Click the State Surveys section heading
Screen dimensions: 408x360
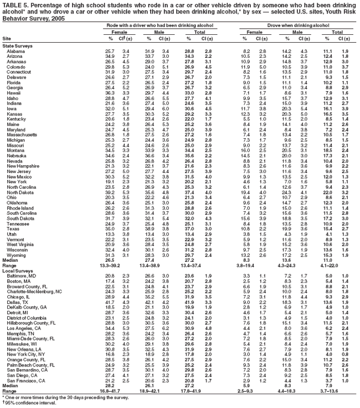click(x=17, y=46)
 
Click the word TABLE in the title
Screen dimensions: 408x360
click(x=12, y=4)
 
